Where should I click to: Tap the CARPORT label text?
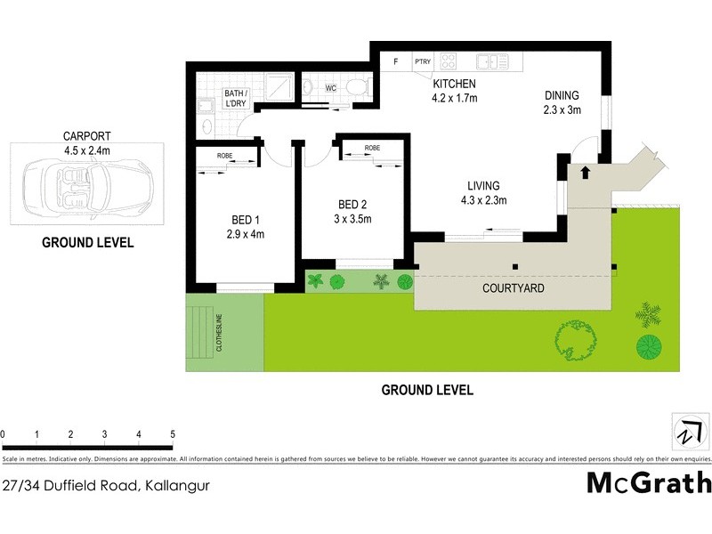[86, 136]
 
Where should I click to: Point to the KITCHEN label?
[455, 85]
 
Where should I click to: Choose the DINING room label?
[562, 96]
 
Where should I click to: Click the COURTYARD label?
[514, 289]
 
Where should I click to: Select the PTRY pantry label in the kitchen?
[422, 62]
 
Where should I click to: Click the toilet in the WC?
[358, 87]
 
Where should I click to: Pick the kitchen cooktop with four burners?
[449, 62]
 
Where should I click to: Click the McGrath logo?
[649, 482]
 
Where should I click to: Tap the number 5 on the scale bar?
[173, 434]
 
